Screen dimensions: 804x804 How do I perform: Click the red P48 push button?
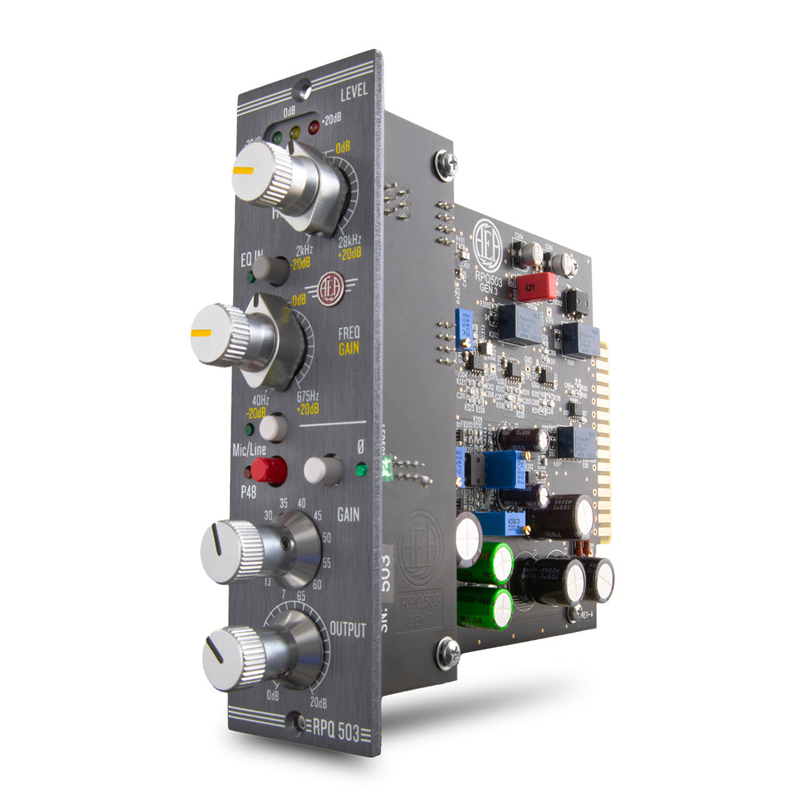[x=269, y=470]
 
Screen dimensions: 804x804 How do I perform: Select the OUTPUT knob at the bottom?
[x=235, y=657]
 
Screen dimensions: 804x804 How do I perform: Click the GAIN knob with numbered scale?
[x=233, y=552]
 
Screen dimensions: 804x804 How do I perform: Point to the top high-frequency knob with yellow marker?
[x=264, y=176]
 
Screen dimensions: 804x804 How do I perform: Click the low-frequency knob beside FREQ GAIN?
[x=223, y=334]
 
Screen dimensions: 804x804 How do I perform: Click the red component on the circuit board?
[x=536, y=285]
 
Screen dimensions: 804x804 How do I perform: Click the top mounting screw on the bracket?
[x=445, y=165]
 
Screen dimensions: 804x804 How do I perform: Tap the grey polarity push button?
[x=323, y=470]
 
